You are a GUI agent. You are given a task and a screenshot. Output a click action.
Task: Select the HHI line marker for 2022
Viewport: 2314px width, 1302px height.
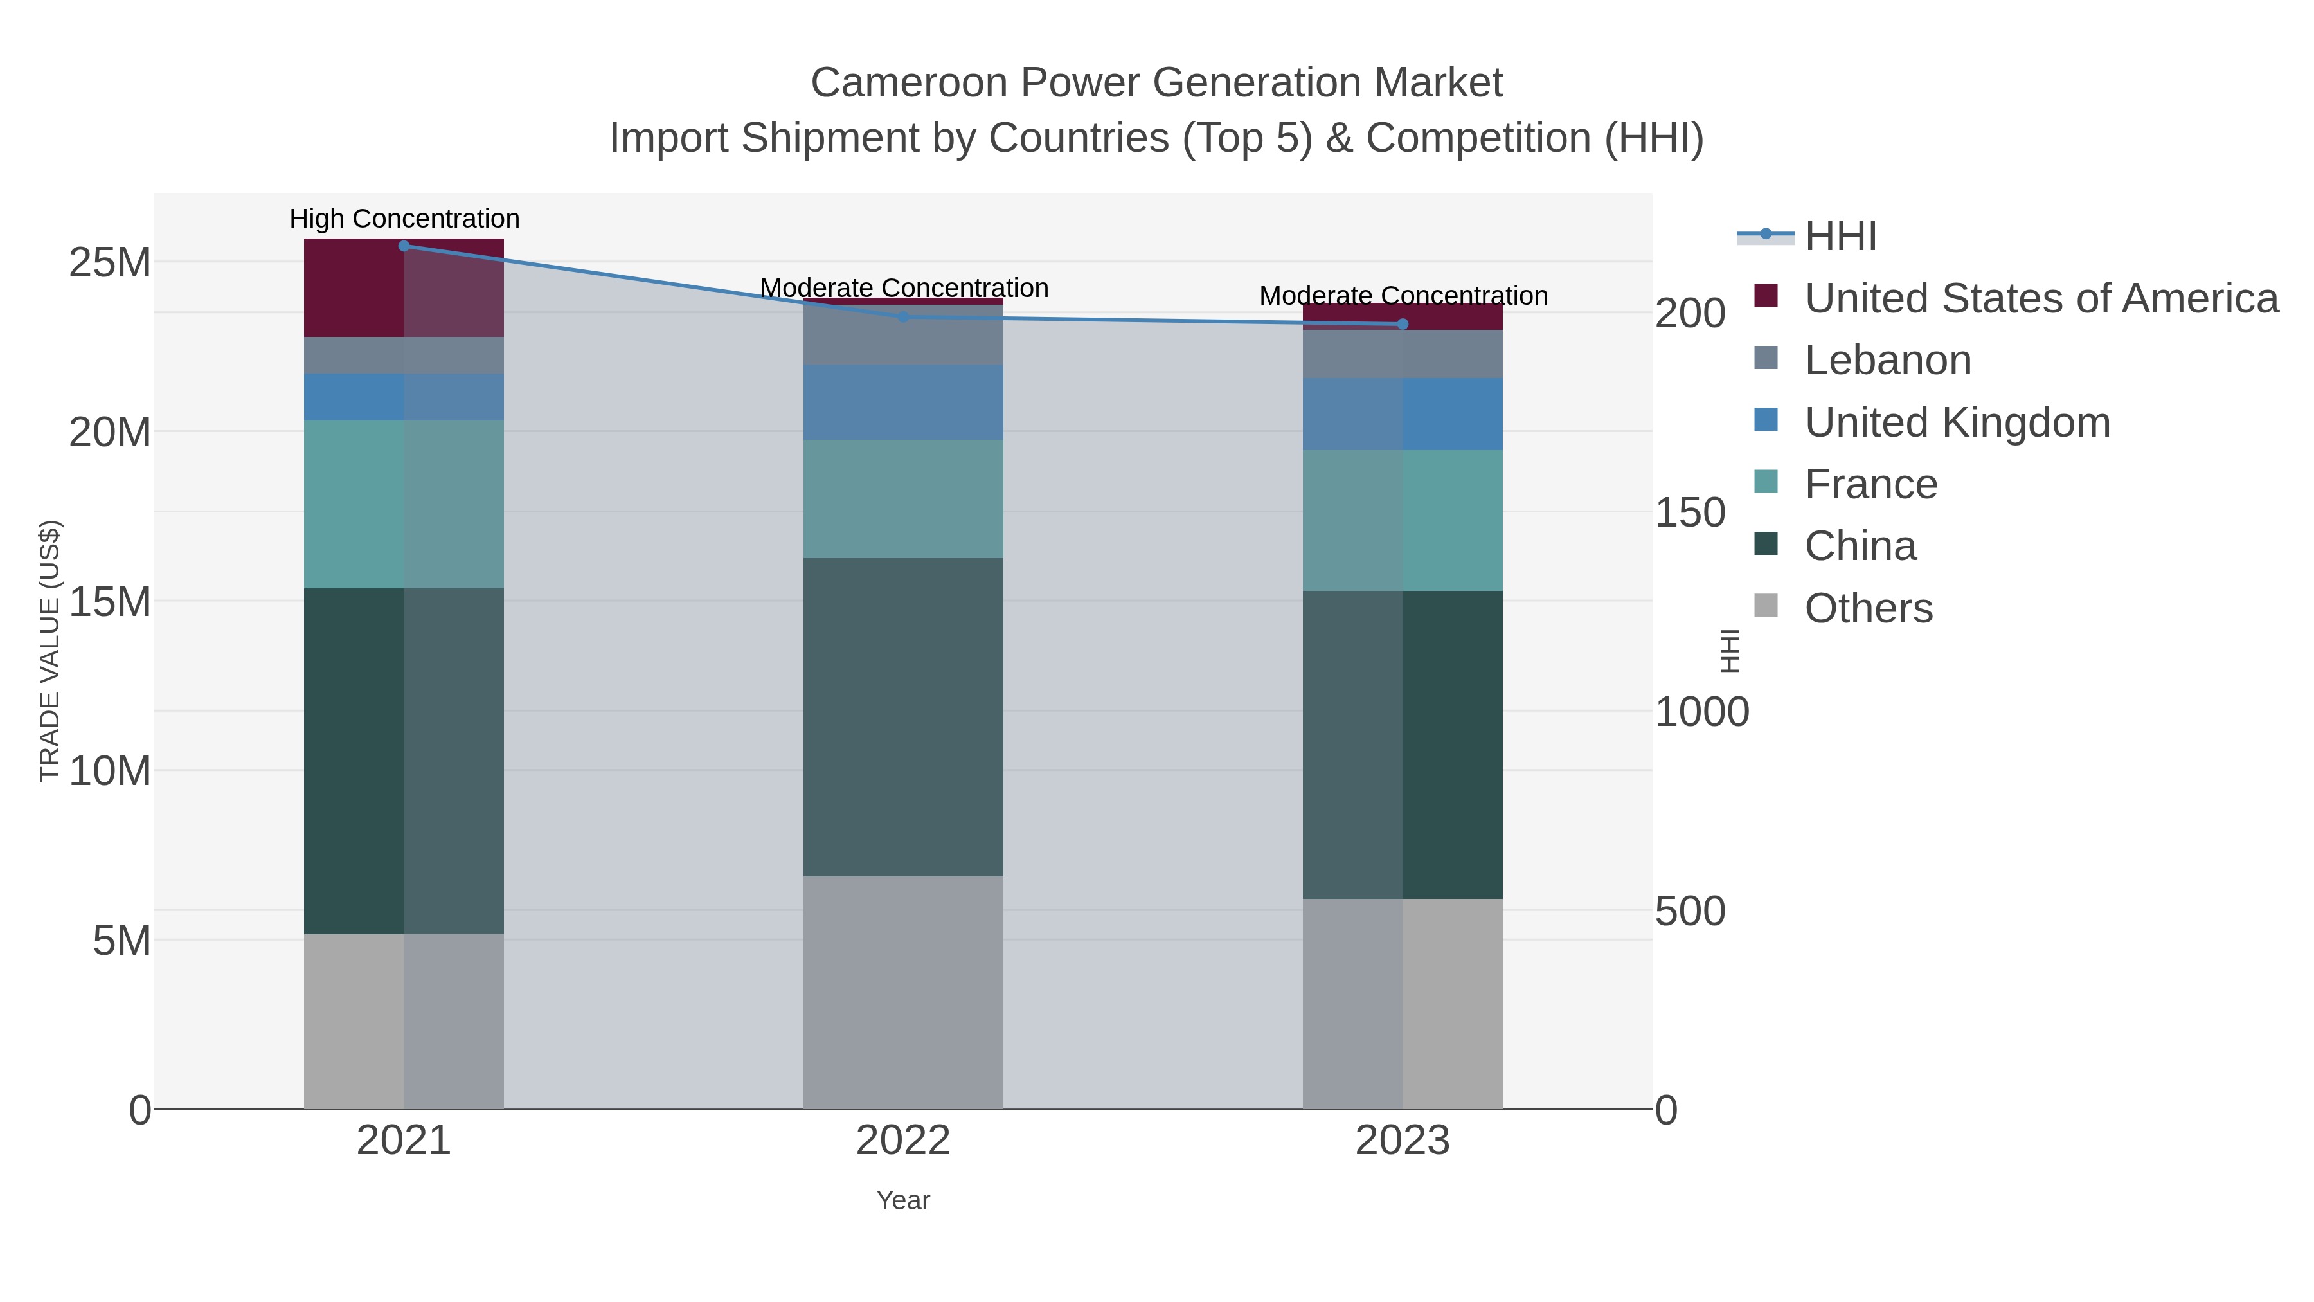pos(903,316)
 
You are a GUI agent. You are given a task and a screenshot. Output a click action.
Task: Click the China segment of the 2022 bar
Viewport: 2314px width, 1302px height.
pos(903,717)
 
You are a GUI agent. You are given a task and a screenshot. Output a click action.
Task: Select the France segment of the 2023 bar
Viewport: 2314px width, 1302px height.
pos(1403,520)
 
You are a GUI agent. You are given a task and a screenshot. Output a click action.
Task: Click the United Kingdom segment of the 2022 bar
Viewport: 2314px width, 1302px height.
pos(903,402)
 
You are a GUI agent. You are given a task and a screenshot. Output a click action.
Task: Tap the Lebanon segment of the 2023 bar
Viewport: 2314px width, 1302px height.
pos(1403,354)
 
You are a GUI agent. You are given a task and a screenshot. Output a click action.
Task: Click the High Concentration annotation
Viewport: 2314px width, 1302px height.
pos(404,219)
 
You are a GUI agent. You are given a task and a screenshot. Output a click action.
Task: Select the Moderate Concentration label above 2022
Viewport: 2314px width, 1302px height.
pos(904,287)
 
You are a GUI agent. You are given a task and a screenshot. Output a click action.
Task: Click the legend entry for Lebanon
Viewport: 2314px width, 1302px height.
pos(1887,360)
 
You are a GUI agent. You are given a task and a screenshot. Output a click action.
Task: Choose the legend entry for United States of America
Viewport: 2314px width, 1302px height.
pos(2040,298)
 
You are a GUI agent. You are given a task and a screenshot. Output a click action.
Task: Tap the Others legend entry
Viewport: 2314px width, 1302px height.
pos(1867,608)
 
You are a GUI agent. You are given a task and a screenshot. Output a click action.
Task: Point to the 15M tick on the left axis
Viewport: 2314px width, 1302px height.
pos(109,602)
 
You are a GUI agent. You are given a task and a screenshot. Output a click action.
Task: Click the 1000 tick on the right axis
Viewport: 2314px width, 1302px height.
pos(1701,712)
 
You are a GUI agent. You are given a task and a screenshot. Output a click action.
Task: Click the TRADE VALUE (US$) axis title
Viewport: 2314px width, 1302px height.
pos(50,651)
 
